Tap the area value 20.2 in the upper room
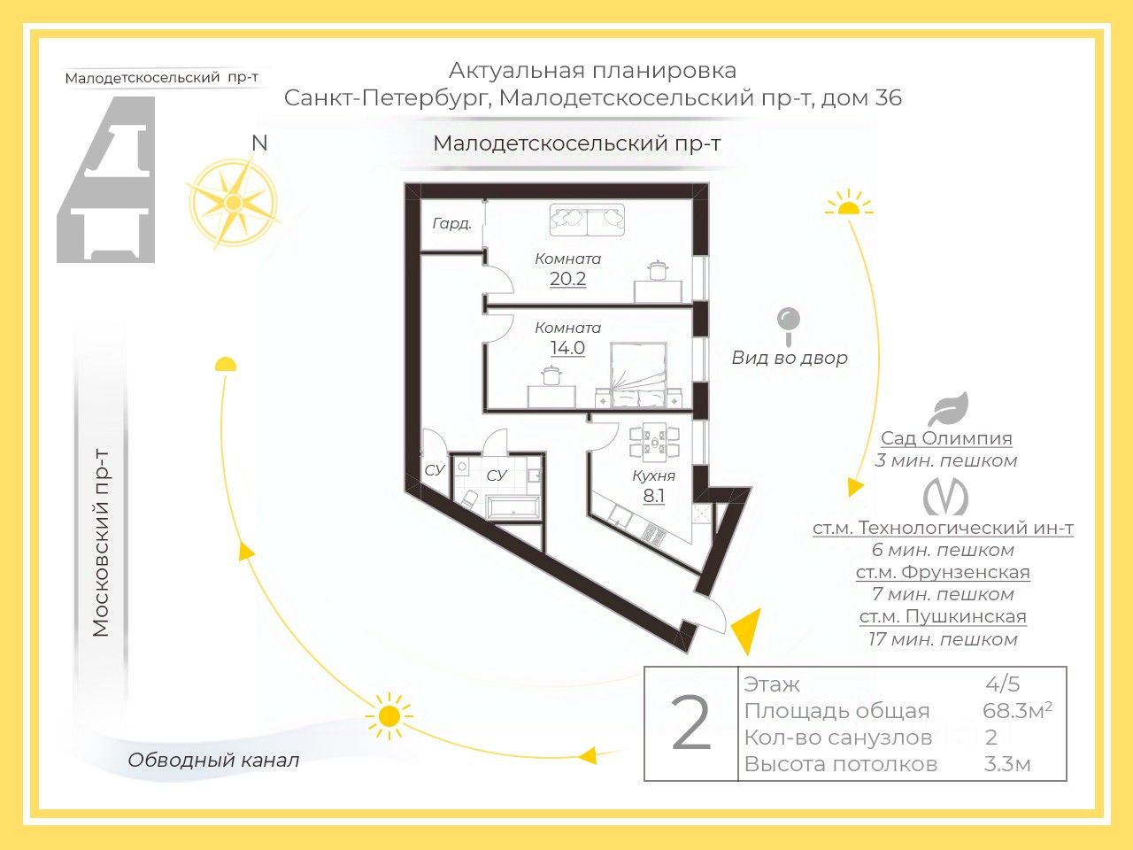(567, 279)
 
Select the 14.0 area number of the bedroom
(567, 348)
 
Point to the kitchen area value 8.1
(653, 496)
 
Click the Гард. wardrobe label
(451, 224)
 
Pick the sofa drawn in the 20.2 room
(587, 219)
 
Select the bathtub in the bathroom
(513, 508)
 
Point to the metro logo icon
(945, 498)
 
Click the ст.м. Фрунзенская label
(943, 572)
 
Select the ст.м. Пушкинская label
(943, 616)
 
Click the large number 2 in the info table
(691, 724)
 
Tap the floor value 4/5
(1003, 684)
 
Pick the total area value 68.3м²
(1017, 710)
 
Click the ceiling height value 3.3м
(1007, 764)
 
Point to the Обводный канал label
(213, 760)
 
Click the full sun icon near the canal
(389, 715)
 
